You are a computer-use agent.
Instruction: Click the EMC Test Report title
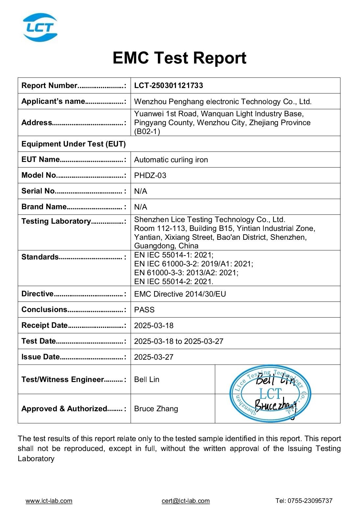[x=179, y=58]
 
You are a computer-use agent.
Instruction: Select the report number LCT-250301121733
[x=168, y=86]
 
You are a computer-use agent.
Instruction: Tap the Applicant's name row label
[x=54, y=101]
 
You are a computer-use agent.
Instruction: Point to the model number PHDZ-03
[x=150, y=175]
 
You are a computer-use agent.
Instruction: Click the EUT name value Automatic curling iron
[x=171, y=160]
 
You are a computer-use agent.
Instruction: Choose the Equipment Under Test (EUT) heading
[x=73, y=144]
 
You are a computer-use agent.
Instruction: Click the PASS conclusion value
[x=144, y=310]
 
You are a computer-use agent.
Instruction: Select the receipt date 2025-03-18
[x=154, y=326]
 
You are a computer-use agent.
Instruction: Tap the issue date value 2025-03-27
[x=154, y=357]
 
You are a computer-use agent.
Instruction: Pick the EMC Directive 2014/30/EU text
[x=180, y=294]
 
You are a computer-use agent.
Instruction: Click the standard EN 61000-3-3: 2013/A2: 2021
[x=186, y=273]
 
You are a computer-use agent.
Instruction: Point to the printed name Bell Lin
[x=147, y=379]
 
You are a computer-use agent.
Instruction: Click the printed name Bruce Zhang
[x=156, y=409]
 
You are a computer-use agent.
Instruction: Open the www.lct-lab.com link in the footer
[x=49, y=501]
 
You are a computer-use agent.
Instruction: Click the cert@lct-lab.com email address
[x=186, y=501]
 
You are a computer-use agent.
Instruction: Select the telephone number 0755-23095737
[x=310, y=501]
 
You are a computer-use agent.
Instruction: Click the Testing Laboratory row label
[x=56, y=221]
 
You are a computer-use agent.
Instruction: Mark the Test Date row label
[x=38, y=341]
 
